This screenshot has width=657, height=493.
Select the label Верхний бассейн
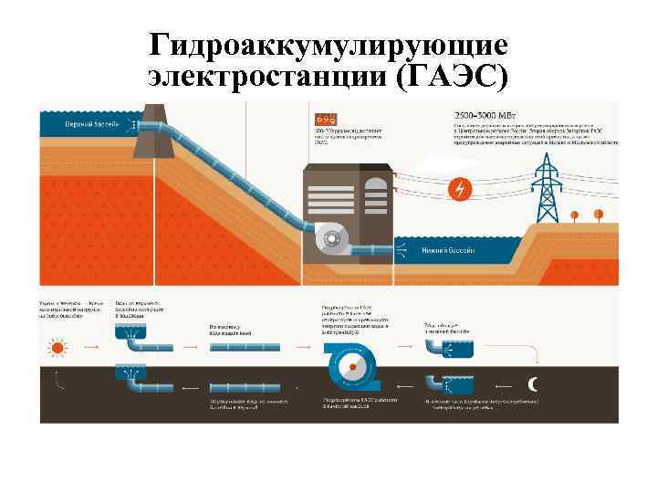(x=88, y=123)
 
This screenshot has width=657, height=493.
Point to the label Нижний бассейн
(x=448, y=251)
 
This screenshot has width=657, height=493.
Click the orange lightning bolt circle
(x=462, y=189)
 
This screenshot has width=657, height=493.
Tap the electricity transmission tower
(x=547, y=188)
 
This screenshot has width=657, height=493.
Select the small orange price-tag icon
(x=325, y=118)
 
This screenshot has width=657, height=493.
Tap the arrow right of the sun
(x=90, y=348)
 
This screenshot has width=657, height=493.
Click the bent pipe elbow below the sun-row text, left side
(x=128, y=344)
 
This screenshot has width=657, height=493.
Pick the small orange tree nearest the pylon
(x=599, y=214)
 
